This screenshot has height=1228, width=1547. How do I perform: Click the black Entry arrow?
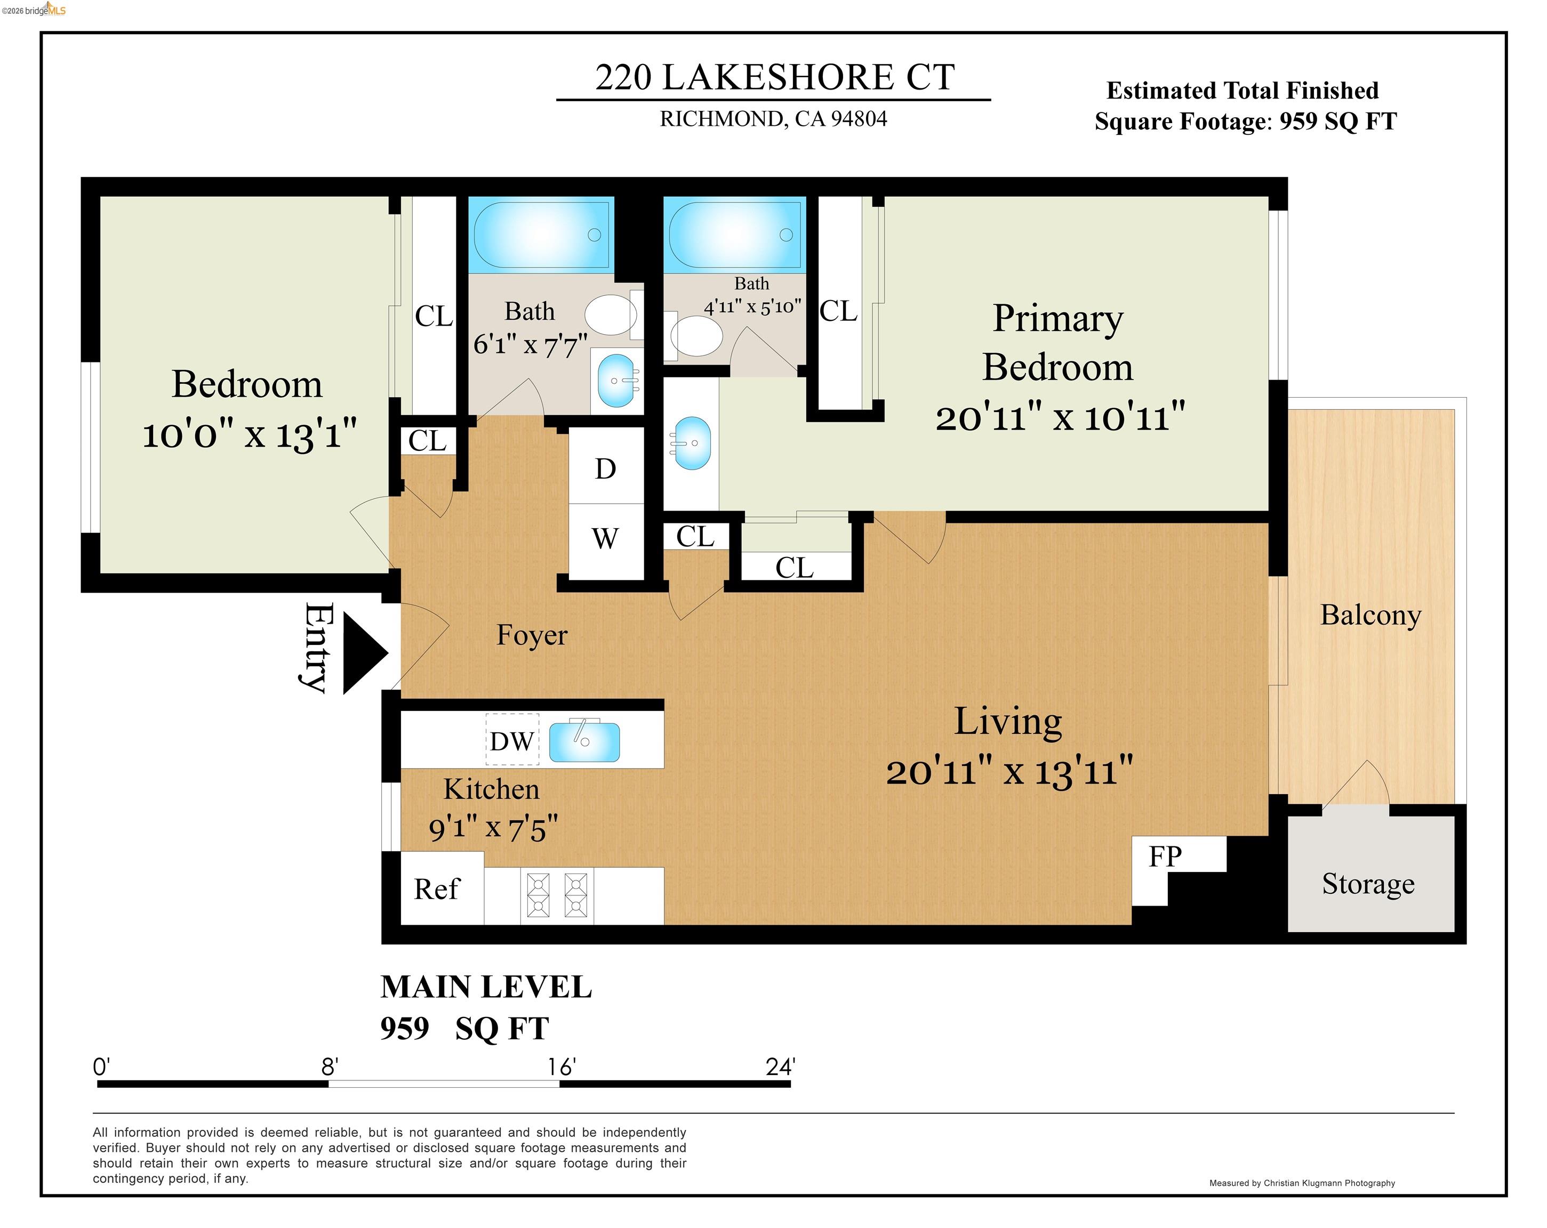click(363, 653)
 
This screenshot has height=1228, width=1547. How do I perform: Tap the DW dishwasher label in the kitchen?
click(511, 741)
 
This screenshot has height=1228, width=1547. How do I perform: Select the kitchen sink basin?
click(584, 742)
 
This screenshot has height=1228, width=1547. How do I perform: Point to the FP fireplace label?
click(1165, 857)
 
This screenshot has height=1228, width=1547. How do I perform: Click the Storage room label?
click(1368, 884)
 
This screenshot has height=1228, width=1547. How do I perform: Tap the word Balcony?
click(1370, 616)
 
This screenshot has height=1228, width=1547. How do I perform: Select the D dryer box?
click(606, 468)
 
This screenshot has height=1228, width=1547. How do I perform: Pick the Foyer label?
click(532, 635)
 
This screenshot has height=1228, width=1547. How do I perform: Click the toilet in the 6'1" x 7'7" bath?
click(610, 315)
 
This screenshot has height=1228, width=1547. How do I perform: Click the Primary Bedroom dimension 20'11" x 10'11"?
click(1060, 417)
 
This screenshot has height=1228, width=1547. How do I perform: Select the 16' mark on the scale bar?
click(561, 1068)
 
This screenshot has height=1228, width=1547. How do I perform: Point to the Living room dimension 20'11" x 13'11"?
click(1009, 772)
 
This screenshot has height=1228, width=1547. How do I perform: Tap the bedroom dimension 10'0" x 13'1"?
click(249, 435)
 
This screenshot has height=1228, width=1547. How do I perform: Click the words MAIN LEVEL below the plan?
click(486, 987)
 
